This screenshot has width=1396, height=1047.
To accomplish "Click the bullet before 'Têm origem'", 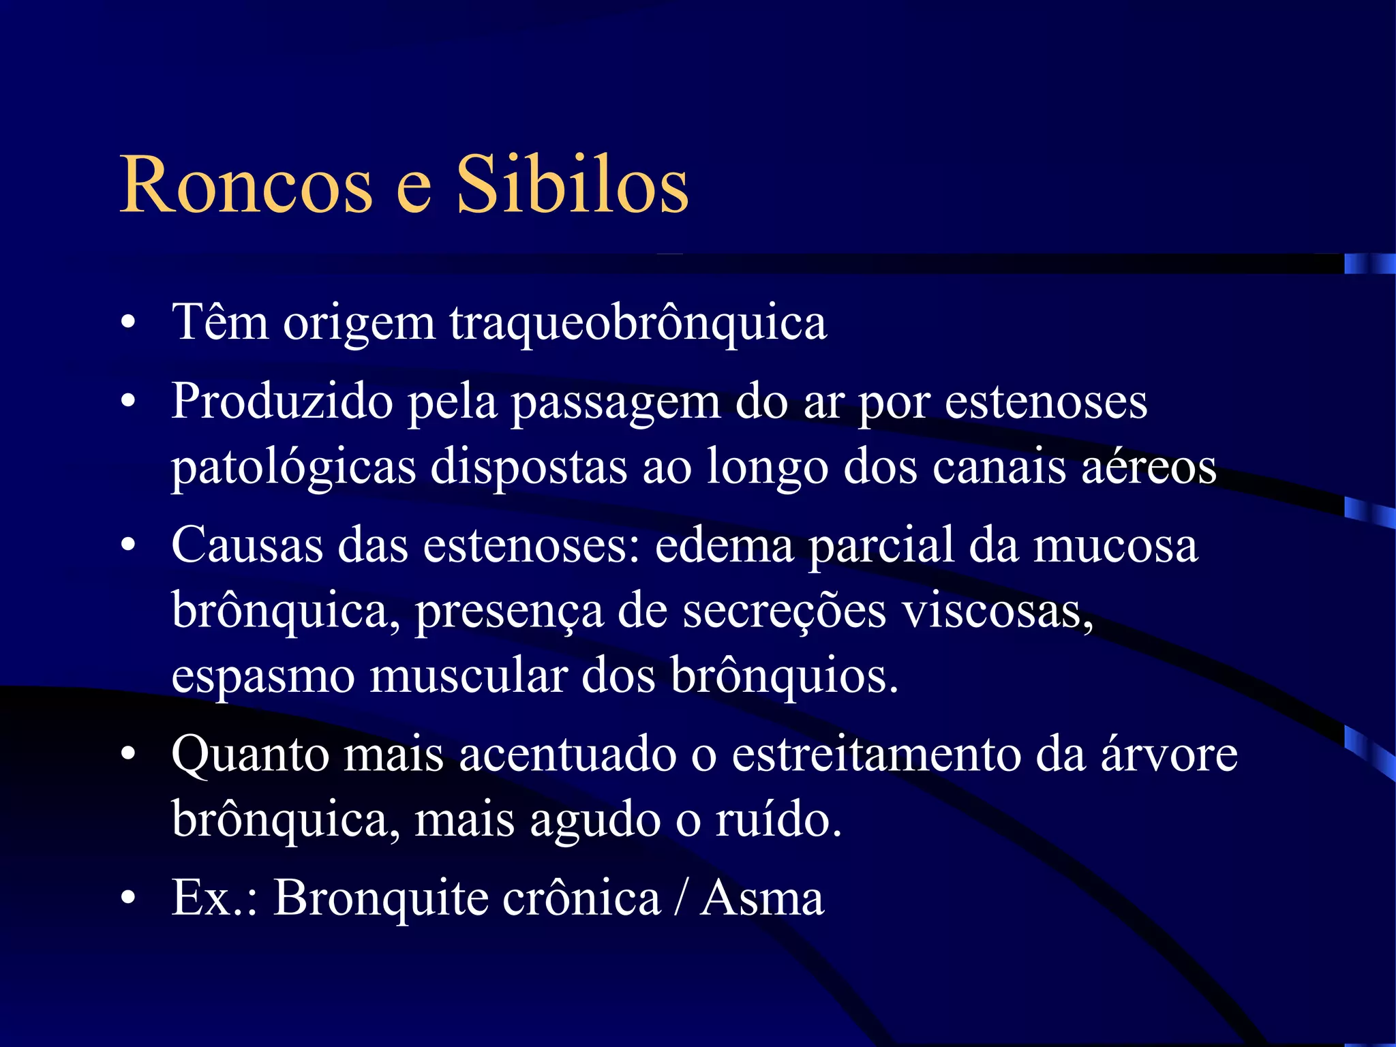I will click(128, 323).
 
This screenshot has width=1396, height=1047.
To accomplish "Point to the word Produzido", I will click(282, 402).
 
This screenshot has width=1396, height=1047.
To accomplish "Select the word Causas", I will click(247, 545).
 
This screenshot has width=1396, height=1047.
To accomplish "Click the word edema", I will click(724, 545).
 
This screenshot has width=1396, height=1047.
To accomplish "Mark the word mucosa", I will click(1115, 545).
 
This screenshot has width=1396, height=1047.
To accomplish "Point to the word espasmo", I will click(263, 677).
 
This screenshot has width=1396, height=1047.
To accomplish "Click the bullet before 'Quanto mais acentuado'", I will click(128, 755).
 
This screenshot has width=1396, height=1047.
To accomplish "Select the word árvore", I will click(1169, 755).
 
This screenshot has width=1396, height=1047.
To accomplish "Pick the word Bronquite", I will click(381, 898).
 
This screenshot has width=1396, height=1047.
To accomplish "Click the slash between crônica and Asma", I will click(680, 898).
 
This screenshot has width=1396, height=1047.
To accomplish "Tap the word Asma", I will click(762, 898).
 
